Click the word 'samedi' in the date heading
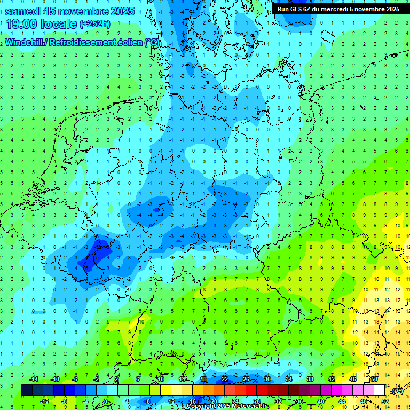26,11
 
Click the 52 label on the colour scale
385,401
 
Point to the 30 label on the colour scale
267,379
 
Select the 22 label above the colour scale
225,379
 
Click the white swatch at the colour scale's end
379,390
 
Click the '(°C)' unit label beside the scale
396,390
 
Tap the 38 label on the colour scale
310,379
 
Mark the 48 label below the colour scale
364,401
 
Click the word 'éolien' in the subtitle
130,42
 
